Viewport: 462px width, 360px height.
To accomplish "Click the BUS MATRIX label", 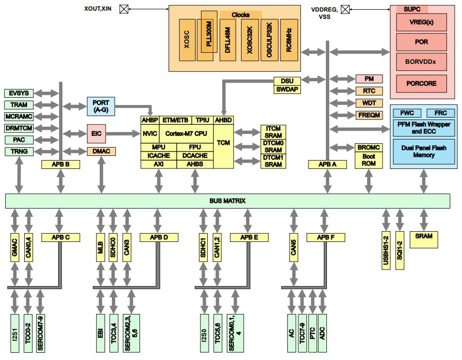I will tap(228, 200).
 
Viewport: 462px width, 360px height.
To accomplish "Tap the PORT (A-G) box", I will tap(101, 106).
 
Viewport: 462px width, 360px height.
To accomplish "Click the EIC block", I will tap(95, 133).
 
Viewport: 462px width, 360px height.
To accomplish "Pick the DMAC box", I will tap(101, 151).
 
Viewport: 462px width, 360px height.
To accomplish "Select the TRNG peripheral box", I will tap(19, 151).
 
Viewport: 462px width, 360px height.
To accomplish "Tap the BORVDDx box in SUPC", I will tap(421, 62).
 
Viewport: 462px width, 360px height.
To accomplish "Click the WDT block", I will tap(369, 103).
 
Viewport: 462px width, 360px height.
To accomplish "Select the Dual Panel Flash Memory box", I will tap(423, 151).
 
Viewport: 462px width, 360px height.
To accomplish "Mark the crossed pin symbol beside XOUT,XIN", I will tap(123, 9).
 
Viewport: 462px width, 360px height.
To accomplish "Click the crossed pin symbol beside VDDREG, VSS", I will tap(345, 9).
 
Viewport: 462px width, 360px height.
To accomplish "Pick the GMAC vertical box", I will tap(15, 247).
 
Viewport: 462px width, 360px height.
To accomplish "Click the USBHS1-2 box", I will tap(386, 250).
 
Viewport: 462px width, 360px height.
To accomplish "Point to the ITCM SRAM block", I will tap(273, 132).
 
